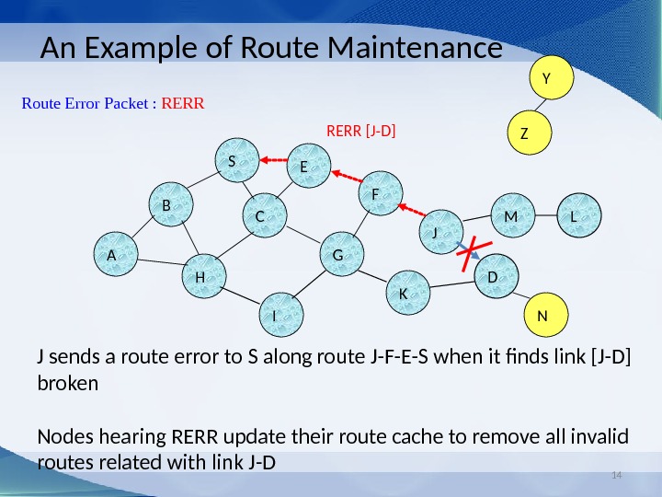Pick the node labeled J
coord(439,231)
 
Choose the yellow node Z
coord(527,133)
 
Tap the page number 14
coord(617,475)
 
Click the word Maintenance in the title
coord(415,47)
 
